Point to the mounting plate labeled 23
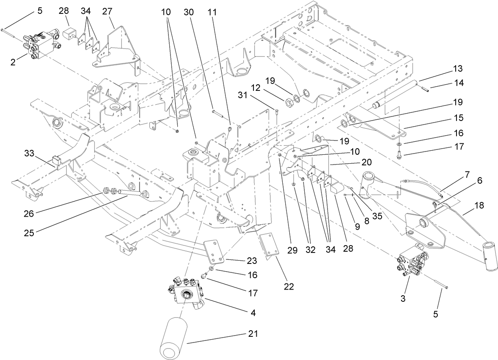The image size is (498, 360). (x=214, y=252)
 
